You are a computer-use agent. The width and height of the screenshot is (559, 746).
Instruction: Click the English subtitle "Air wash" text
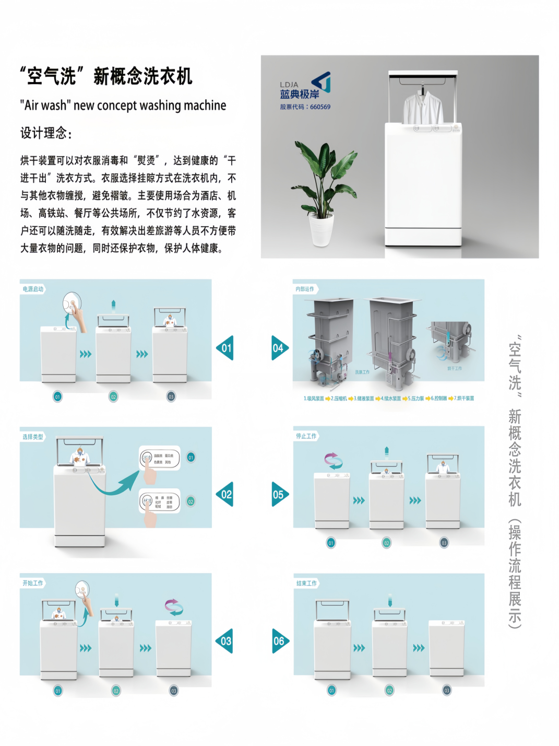123,106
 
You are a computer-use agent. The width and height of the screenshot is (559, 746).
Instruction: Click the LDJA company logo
305,86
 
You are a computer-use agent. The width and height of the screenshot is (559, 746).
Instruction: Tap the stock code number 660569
320,107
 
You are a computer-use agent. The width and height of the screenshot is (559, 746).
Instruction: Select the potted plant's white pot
321,230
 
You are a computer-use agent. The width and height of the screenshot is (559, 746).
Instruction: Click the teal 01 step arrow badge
225,348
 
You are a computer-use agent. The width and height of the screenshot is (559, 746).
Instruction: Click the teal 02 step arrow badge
225,494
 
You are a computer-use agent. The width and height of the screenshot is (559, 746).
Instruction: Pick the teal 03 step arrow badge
225,641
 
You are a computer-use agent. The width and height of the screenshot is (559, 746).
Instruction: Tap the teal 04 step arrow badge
279,348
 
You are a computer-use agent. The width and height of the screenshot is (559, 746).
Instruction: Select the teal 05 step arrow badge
279,494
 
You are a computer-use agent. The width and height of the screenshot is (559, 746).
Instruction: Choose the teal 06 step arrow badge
280,641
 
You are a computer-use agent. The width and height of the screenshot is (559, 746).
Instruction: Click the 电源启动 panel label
33,289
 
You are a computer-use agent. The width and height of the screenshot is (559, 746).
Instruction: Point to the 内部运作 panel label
305,289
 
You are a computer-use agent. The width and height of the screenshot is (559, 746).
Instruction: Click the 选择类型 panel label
33,437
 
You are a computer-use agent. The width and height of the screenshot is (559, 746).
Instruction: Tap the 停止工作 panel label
306,436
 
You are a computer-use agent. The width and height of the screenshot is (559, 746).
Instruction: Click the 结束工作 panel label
306,583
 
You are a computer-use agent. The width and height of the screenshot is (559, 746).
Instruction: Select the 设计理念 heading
46,133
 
